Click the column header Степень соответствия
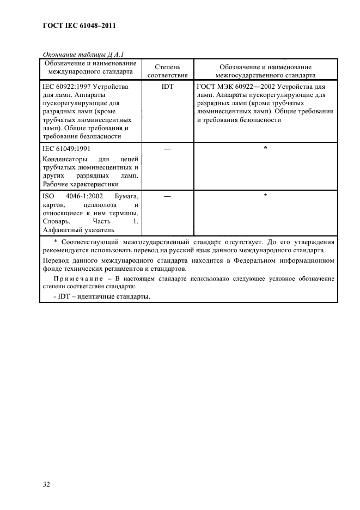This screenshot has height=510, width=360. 167,71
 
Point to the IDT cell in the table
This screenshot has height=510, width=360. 167,87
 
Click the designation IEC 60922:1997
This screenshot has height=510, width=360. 66,87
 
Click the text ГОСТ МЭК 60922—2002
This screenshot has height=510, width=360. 235,87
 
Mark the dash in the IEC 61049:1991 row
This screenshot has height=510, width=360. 167,148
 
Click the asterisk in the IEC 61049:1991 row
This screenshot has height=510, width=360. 265,148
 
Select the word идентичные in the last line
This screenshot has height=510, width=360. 84,297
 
